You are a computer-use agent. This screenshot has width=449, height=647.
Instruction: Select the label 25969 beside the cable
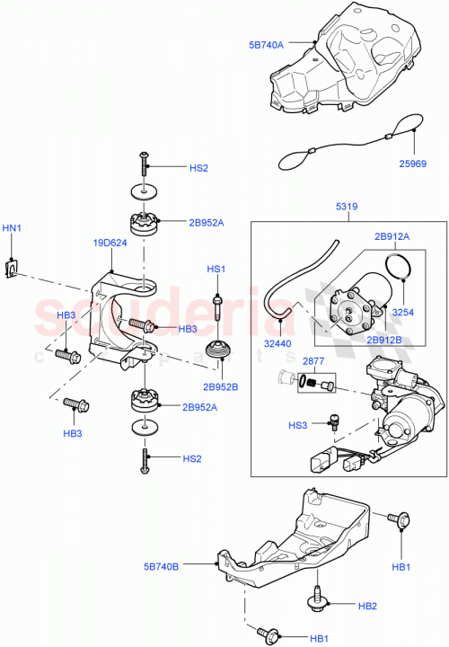point(415,164)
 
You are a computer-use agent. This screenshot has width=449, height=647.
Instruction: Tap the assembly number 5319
point(348,207)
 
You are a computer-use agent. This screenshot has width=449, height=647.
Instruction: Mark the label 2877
point(313,360)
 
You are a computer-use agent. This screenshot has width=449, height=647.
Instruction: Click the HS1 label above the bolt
point(216,270)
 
